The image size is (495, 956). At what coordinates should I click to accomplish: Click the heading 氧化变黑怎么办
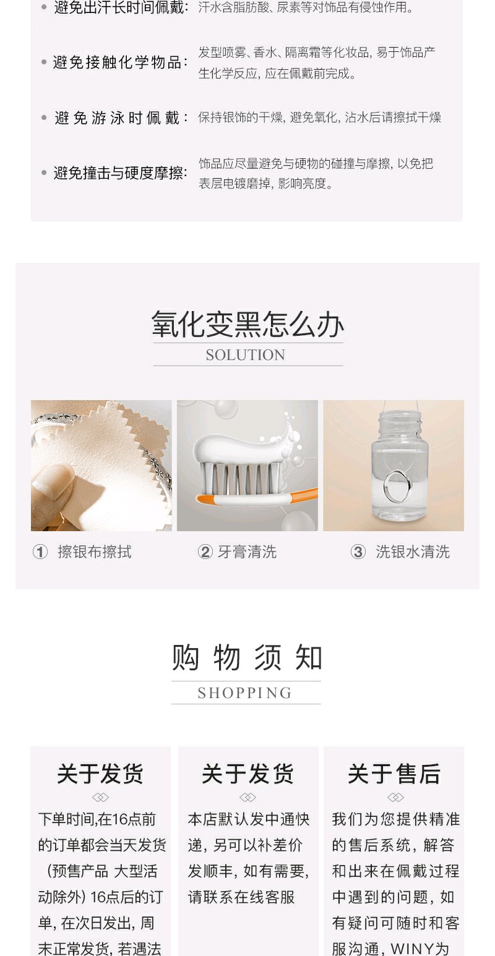[x=247, y=324]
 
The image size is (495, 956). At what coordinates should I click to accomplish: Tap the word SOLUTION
[x=246, y=355]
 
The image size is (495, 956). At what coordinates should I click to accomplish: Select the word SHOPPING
[x=245, y=693]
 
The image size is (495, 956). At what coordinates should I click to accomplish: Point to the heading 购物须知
[x=246, y=657]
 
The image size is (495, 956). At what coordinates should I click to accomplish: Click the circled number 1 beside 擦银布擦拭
[x=40, y=552]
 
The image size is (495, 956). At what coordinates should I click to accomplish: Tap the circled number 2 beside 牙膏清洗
[x=205, y=552]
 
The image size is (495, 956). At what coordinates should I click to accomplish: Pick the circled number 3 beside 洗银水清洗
[x=358, y=552]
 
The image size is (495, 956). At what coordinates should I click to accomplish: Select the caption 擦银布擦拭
[x=95, y=552]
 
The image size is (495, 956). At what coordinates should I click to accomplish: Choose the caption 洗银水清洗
[x=413, y=552]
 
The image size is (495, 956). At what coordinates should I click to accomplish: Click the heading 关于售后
[x=394, y=774]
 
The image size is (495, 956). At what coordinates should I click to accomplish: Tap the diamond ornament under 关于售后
[x=395, y=797]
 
